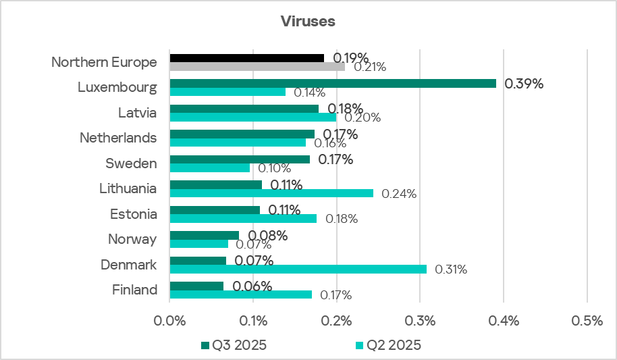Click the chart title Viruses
tap(308, 21)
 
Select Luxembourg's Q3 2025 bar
tap(333, 83)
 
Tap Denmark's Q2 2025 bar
tap(298, 269)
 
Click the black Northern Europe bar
tap(246, 58)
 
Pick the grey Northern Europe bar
tap(257, 66)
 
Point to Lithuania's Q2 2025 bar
tap(271, 193)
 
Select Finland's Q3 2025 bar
tap(196, 286)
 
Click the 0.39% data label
tap(525, 84)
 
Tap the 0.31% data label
tap(451, 269)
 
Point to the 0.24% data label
tap(399, 194)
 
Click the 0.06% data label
tap(252, 286)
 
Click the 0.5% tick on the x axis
tap(587, 322)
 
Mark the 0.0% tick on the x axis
tap(170, 322)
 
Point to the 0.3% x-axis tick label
tap(420, 322)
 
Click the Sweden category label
tap(131, 163)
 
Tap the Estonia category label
tap(134, 214)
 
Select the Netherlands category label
tap(118, 138)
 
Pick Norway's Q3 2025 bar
tap(204, 235)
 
